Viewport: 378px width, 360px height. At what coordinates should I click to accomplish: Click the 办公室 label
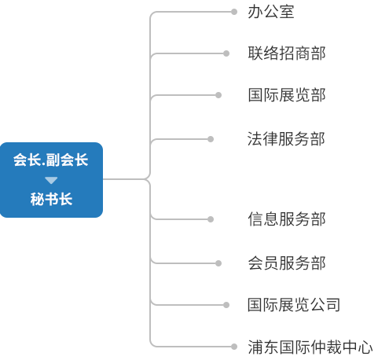tap(271, 12)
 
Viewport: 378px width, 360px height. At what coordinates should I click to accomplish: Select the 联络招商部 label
tap(287, 53)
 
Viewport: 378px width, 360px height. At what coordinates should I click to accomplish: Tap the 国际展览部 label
tap(287, 95)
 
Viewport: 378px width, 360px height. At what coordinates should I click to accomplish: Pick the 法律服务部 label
tap(286, 139)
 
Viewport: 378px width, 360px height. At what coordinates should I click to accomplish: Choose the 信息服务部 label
tap(287, 219)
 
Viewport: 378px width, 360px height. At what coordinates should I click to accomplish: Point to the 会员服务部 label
tap(287, 263)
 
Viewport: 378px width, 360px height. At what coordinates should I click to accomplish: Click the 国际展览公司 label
tap(294, 305)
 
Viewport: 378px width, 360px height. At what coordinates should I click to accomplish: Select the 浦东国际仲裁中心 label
tap(310, 347)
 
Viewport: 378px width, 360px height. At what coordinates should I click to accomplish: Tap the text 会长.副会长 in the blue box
tap(51, 160)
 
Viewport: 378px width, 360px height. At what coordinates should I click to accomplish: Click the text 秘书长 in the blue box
tap(51, 199)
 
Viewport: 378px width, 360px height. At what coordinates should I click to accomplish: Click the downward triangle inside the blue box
tap(51, 180)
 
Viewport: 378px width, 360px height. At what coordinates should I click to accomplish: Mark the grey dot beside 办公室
tap(234, 12)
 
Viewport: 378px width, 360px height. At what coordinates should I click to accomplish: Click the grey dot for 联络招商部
tap(226, 53)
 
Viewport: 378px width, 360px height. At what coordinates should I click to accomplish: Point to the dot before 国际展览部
tap(218, 95)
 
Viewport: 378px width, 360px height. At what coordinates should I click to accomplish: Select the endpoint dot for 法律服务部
tap(211, 139)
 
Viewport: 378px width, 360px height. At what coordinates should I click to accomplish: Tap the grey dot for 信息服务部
tap(211, 219)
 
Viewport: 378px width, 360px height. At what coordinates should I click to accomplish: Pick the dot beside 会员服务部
tap(218, 263)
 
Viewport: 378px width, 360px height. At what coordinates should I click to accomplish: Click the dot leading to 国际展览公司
tap(226, 305)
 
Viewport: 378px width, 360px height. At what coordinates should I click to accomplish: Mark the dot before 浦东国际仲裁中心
tap(234, 347)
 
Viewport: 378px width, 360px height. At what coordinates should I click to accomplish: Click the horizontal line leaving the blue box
tap(123, 179)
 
